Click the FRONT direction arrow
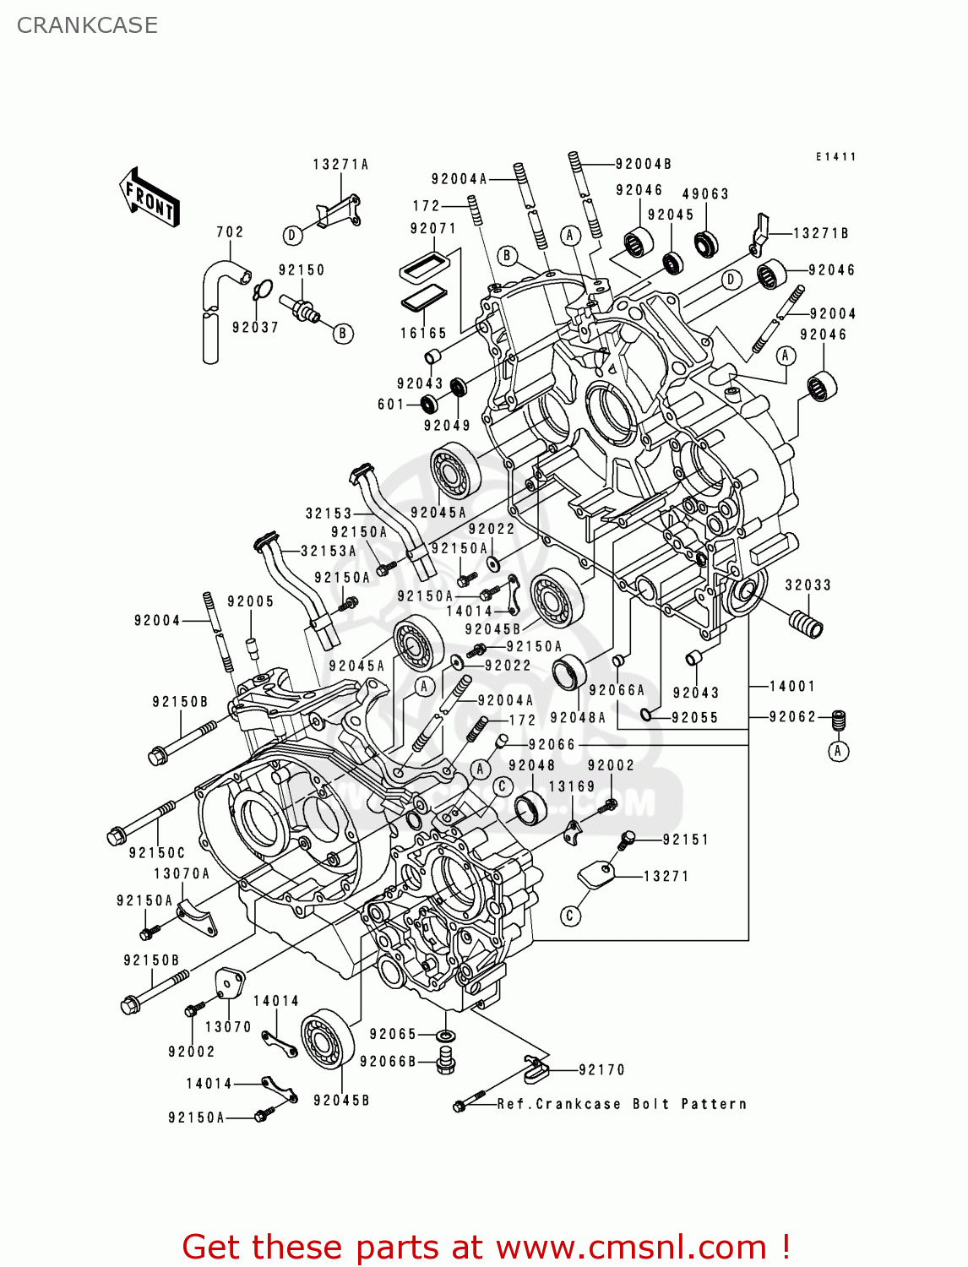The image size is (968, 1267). click(x=149, y=198)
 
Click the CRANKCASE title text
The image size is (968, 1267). click(x=87, y=25)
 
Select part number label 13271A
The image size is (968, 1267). click(x=340, y=165)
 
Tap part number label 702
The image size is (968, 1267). click(x=230, y=231)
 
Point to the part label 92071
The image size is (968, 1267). click(x=432, y=229)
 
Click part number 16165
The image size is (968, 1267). click(x=423, y=334)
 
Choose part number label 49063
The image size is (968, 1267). click(x=705, y=194)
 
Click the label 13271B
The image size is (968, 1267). click(x=820, y=233)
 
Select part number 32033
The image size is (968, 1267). click(x=808, y=585)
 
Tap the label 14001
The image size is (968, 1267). click(x=791, y=687)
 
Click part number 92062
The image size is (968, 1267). click(x=792, y=717)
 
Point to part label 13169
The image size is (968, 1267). click(x=572, y=786)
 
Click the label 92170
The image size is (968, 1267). click(x=601, y=1070)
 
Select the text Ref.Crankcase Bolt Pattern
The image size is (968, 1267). click(x=622, y=1104)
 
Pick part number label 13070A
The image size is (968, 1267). click(x=182, y=874)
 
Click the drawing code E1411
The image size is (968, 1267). click(x=835, y=157)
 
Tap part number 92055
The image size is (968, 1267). click(x=694, y=718)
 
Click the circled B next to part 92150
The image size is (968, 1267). click(x=342, y=334)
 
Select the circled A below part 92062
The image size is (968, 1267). click(x=838, y=751)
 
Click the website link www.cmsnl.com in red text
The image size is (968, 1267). click(x=630, y=1247)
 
